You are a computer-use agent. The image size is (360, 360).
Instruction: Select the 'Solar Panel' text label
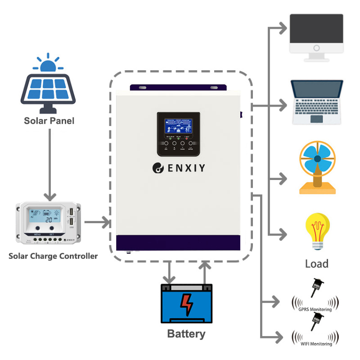(x=49, y=121)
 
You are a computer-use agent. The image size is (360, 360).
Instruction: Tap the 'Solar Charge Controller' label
(x=53, y=256)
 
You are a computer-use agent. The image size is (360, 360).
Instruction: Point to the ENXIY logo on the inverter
(x=179, y=168)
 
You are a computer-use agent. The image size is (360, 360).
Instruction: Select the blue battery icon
(x=186, y=303)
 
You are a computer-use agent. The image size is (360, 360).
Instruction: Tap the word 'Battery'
(x=186, y=334)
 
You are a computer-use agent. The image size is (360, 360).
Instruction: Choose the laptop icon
(x=317, y=102)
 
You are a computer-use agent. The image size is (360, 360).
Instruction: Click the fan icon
(x=317, y=168)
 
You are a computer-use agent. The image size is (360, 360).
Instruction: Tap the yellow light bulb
(x=317, y=230)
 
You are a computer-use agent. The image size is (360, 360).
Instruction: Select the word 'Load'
(x=317, y=264)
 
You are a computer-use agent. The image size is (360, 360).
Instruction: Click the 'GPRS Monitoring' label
(x=315, y=310)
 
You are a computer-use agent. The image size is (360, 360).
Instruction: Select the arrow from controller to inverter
(x=97, y=222)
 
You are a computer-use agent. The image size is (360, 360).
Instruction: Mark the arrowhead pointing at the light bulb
(x=283, y=234)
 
